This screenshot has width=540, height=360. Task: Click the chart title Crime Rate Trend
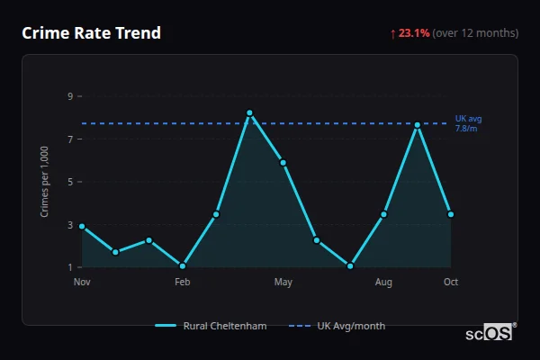pos(91,33)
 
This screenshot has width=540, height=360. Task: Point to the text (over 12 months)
pos(475,33)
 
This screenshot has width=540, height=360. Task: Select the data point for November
pos(82,226)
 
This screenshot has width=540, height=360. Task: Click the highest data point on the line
pos(249,112)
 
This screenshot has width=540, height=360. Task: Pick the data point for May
pos(283,163)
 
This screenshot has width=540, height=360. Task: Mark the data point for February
pos(183,265)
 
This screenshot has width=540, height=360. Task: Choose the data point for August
pos(383,214)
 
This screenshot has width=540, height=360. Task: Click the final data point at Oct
pos(451,214)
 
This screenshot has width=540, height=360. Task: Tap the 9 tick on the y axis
pos(69,96)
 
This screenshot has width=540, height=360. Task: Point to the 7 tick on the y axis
pos(69,139)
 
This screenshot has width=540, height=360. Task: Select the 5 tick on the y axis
pos(69,182)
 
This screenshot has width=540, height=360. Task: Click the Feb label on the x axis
pos(183,283)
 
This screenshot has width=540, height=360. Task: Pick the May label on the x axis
pos(283,283)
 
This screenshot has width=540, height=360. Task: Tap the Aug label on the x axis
pos(383,283)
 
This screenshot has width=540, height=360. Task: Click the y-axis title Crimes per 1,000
pos(45,182)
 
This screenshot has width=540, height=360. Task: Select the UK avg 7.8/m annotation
pos(469,123)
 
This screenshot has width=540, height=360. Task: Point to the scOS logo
pos(490,333)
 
